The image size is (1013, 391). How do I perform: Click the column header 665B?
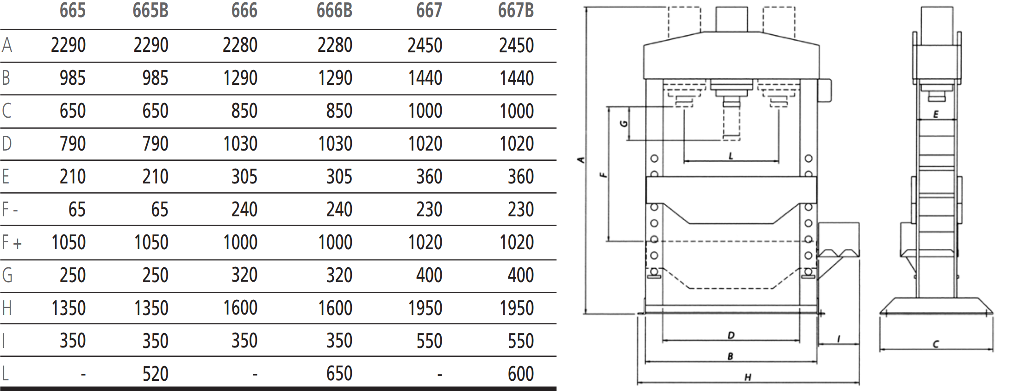(x=150, y=10)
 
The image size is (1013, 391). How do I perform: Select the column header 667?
(x=429, y=10)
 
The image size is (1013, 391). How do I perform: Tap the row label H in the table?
(x=6, y=308)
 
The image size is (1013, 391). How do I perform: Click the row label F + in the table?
(x=12, y=242)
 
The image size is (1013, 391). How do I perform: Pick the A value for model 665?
(x=69, y=45)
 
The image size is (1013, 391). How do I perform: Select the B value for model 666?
(x=240, y=78)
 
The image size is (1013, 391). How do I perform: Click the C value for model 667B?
(x=517, y=111)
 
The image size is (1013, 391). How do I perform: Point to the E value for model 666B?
(x=339, y=177)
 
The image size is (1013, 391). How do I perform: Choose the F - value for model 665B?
(x=160, y=209)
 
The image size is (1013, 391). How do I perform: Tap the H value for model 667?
(x=425, y=308)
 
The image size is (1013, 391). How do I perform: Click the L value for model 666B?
(x=339, y=373)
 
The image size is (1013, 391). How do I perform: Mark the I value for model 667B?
(x=521, y=341)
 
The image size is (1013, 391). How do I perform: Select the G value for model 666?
(x=244, y=275)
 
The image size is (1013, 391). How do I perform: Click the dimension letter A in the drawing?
(x=582, y=160)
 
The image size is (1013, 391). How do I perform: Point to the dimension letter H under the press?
(x=748, y=377)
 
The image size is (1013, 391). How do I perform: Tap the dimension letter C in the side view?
(x=935, y=344)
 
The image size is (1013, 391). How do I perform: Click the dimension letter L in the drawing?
(x=731, y=156)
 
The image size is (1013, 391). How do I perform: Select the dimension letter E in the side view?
(x=935, y=114)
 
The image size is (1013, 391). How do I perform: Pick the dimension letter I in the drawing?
(x=838, y=340)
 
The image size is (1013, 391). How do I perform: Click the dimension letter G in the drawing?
(x=624, y=124)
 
